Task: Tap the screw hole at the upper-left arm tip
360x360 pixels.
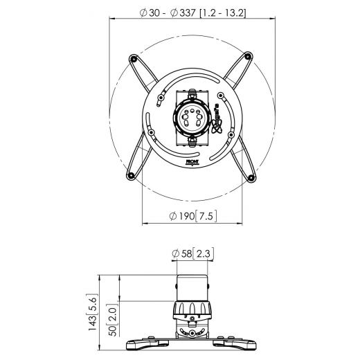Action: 132,58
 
